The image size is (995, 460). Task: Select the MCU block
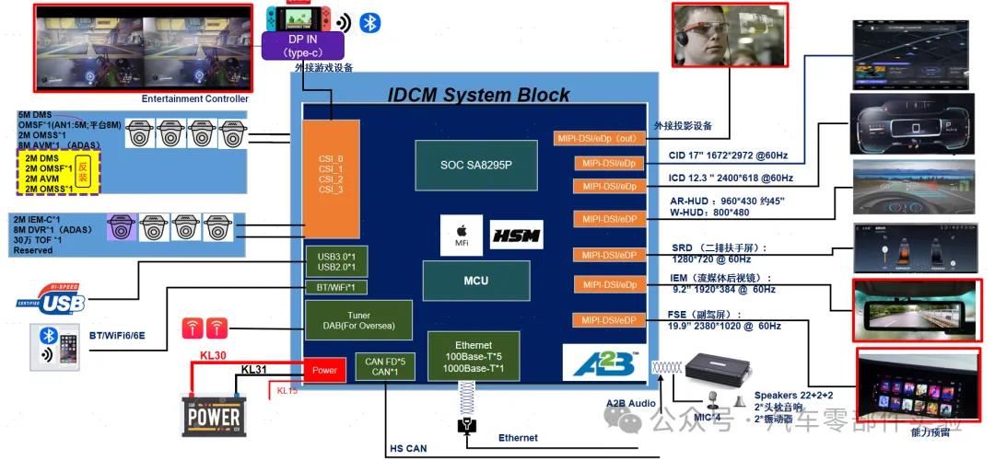pos(475,281)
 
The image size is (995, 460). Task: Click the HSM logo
pos(516,236)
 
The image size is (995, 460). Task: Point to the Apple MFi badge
pos(462,236)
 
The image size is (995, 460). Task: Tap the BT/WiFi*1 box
pos(336,288)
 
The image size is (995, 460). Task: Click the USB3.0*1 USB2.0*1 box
pos(336,260)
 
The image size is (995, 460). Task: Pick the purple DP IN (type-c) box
pos(303,46)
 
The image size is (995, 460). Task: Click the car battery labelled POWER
pos(215,412)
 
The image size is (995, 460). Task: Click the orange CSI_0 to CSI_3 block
pos(332,179)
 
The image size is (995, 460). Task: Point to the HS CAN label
pos(409,448)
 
